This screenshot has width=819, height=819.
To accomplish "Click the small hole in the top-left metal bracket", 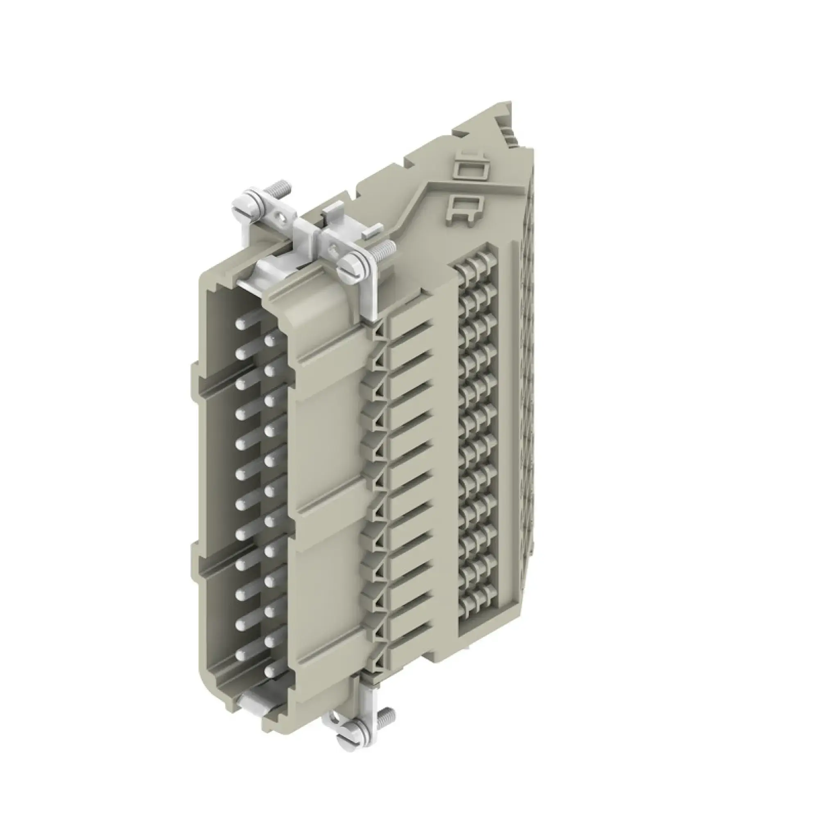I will (278, 220).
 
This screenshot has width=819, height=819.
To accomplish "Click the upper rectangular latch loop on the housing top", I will (468, 170).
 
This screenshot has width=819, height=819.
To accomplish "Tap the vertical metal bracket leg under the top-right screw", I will (368, 297).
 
